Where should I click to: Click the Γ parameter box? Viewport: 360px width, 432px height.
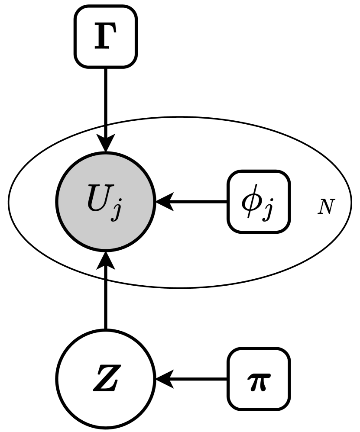tap(105, 36)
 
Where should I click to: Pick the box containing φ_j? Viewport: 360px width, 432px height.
tap(259, 202)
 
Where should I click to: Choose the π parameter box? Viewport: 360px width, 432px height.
tap(259, 379)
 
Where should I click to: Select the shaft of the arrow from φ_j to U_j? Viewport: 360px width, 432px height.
tap(199, 202)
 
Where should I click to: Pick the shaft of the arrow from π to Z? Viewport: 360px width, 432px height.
tap(199, 379)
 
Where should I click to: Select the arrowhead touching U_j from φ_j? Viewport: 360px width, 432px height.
tap(164, 202)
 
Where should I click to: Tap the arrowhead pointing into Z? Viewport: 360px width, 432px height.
tap(164, 379)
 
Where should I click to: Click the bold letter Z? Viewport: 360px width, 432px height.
tap(105, 379)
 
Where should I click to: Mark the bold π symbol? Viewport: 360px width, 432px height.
tap(259, 380)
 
